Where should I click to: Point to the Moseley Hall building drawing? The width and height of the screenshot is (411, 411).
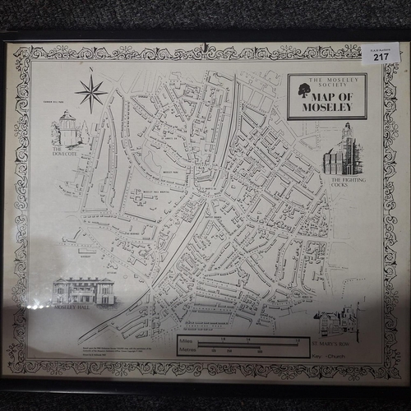point(84,291)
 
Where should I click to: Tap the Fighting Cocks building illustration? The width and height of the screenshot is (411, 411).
point(342,151)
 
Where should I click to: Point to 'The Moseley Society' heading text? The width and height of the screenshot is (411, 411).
point(326,81)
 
